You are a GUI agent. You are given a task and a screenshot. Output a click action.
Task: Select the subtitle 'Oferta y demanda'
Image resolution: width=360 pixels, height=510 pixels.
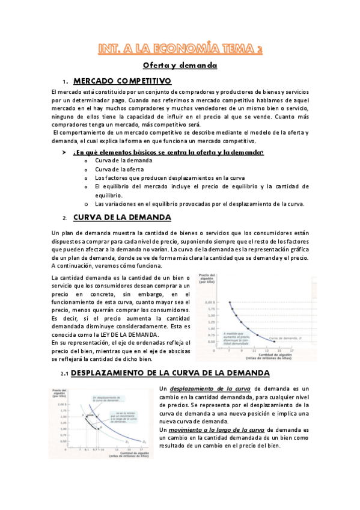[x=179, y=65]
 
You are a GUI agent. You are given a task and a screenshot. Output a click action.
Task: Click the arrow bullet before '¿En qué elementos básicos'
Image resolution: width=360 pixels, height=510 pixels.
[x=64, y=152]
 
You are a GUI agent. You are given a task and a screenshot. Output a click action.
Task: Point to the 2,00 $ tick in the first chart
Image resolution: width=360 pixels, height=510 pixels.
[x=227, y=286]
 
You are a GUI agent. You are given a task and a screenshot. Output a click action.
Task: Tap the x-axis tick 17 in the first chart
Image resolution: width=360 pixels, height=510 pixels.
[x=291, y=350]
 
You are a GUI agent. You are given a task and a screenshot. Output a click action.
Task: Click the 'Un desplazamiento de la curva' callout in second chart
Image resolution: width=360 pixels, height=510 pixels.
[x=107, y=399]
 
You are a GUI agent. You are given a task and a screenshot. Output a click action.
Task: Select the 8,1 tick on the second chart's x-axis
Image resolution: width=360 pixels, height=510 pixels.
[x=87, y=449]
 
